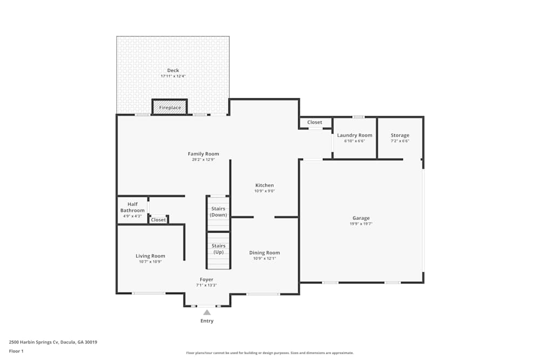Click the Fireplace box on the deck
pos(170,107)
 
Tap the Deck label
pos(173,70)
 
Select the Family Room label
pos(203,154)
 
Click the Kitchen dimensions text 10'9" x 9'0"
pos(265,191)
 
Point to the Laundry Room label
pos(355,135)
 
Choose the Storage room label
pos(400,135)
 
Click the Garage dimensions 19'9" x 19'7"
pos(361,223)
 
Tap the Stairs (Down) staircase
pos(218,213)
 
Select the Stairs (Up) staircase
pos(218,249)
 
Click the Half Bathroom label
pos(132,207)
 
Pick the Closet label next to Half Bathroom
pos(158,220)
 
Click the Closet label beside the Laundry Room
pos(315,123)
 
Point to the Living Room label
pos(150,256)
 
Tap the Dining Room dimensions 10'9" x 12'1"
pos(265,259)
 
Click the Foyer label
pos(207,280)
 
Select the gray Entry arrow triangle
pos(207,312)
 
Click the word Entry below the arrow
pos(207,321)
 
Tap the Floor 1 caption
pos(16,351)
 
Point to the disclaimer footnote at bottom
pos(270,352)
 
